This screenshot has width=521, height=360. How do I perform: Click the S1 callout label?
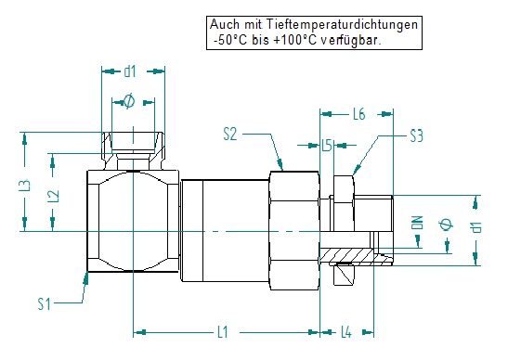[x=44, y=303]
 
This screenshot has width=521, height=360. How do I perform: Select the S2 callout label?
[x=230, y=135]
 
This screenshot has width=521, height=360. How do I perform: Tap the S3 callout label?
[x=416, y=135]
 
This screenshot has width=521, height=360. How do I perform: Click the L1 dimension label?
[x=223, y=332]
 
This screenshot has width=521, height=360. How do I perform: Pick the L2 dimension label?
[x=54, y=196]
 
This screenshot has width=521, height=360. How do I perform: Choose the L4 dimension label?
[x=346, y=332]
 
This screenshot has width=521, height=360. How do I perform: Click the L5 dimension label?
[x=327, y=146]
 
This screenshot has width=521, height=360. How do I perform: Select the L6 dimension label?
[x=358, y=114]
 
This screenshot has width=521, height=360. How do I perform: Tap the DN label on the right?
[x=417, y=222]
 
